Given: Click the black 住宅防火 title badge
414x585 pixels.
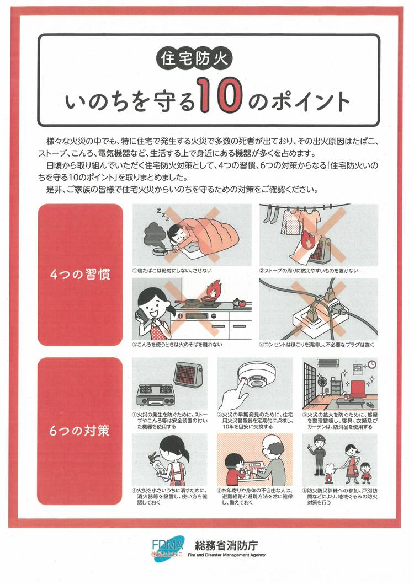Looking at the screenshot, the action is pyautogui.click(x=194, y=60).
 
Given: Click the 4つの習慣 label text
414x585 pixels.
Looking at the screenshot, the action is pyautogui.click(x=81, y=275).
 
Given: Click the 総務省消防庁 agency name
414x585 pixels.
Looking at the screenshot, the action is pyautogui.click(x=226, y=545).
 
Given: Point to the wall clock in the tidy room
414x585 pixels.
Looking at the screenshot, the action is pyautogui.click(x=371, y=364).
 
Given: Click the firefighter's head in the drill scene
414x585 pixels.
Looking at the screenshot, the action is pyautogui.click(x=317, y=441).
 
